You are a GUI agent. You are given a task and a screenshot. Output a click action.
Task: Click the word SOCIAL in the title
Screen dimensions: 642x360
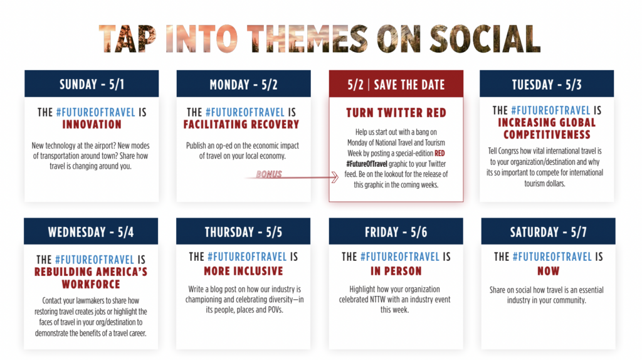click(485, 39)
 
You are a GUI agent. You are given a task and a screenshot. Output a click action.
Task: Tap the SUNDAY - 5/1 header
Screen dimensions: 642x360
click(92, 84)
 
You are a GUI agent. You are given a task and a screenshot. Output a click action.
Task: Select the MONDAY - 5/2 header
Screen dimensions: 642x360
click(244, 84)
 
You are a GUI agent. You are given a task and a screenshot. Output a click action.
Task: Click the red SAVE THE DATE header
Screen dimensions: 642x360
click(396, 84)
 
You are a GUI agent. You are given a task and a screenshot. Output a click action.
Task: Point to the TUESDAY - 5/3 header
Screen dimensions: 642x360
click(547, 84)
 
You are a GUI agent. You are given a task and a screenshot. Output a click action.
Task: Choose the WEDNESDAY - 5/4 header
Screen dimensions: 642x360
click(91, 231)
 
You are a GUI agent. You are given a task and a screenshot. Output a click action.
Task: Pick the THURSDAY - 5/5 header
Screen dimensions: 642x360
click(243, 231)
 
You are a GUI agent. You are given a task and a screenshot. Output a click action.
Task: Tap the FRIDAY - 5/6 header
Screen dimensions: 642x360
click(396, 231)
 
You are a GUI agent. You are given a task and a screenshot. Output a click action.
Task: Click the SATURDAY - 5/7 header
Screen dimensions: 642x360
click(548, 231)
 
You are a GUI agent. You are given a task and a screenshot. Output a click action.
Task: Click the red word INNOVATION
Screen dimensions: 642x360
click(92, 125)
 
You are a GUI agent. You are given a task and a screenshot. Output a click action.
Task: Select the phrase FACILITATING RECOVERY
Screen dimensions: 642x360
click(241, 125)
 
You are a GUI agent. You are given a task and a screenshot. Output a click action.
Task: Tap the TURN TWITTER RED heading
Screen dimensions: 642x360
click(396, 113)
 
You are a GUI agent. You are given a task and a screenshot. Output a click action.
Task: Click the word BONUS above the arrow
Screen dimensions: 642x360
click(269, 174)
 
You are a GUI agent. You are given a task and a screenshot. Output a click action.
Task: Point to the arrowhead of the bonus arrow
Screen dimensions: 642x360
click(336, 177)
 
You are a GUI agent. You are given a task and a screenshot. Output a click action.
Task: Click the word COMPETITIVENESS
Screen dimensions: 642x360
click(547, 135)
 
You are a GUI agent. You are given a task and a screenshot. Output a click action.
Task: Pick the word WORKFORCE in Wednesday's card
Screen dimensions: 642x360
click(91, 284)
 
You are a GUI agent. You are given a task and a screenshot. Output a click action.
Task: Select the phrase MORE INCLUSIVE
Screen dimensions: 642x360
click(243, 271)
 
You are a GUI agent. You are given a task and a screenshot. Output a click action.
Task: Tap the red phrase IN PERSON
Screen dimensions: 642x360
click(396, 271)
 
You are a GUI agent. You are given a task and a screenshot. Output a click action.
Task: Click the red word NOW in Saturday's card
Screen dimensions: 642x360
click(548, 271)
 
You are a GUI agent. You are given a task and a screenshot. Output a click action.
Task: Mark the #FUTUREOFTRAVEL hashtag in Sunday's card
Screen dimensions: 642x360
click(95, 112)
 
